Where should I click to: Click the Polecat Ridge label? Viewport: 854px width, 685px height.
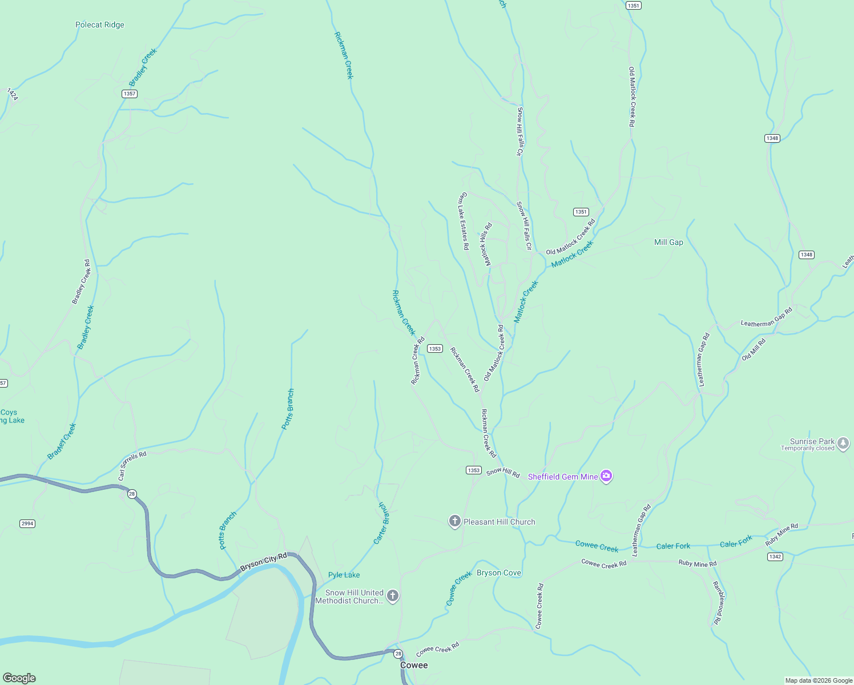[100, 25]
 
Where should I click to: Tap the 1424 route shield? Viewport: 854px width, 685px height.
[13, 94]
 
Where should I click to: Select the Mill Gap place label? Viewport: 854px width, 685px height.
[668, 243]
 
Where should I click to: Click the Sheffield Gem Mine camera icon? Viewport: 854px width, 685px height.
[606, 476]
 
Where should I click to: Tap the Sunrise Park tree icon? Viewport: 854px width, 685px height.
[843, 443]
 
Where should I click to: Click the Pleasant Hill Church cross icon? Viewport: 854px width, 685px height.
[454, 522]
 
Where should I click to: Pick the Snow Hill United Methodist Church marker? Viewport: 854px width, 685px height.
[392, 597]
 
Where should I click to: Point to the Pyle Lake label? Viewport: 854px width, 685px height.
[344, 575]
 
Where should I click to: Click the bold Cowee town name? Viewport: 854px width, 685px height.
[414, 666]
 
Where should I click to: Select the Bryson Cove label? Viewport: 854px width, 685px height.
[499, 573]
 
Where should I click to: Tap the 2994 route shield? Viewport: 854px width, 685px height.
[27, 523]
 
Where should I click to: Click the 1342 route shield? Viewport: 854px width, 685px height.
[775, 557]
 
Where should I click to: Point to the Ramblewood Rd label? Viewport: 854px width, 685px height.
[719, 603]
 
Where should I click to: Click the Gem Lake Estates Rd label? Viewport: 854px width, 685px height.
[464, 221]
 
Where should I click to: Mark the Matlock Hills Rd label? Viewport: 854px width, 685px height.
[486, 244]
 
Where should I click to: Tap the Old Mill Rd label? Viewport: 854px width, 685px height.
[754, 349]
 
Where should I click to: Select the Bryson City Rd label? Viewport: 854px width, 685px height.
[263, 562]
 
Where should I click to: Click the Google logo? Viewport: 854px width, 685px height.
[19, 678]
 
